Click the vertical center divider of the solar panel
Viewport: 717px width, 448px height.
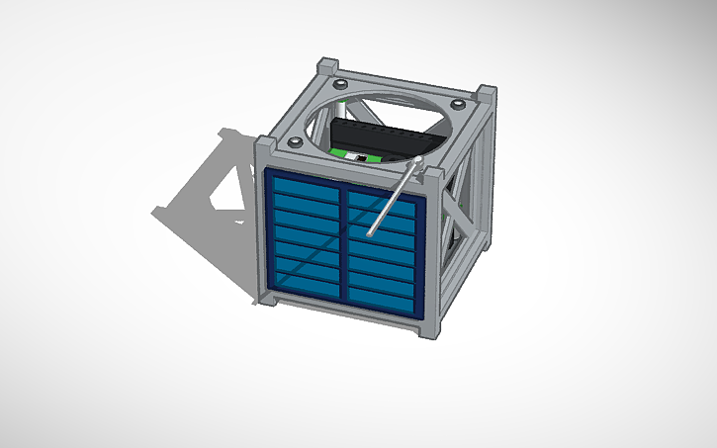344,247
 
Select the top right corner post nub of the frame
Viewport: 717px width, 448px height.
486,93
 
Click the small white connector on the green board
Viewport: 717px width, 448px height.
362,158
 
